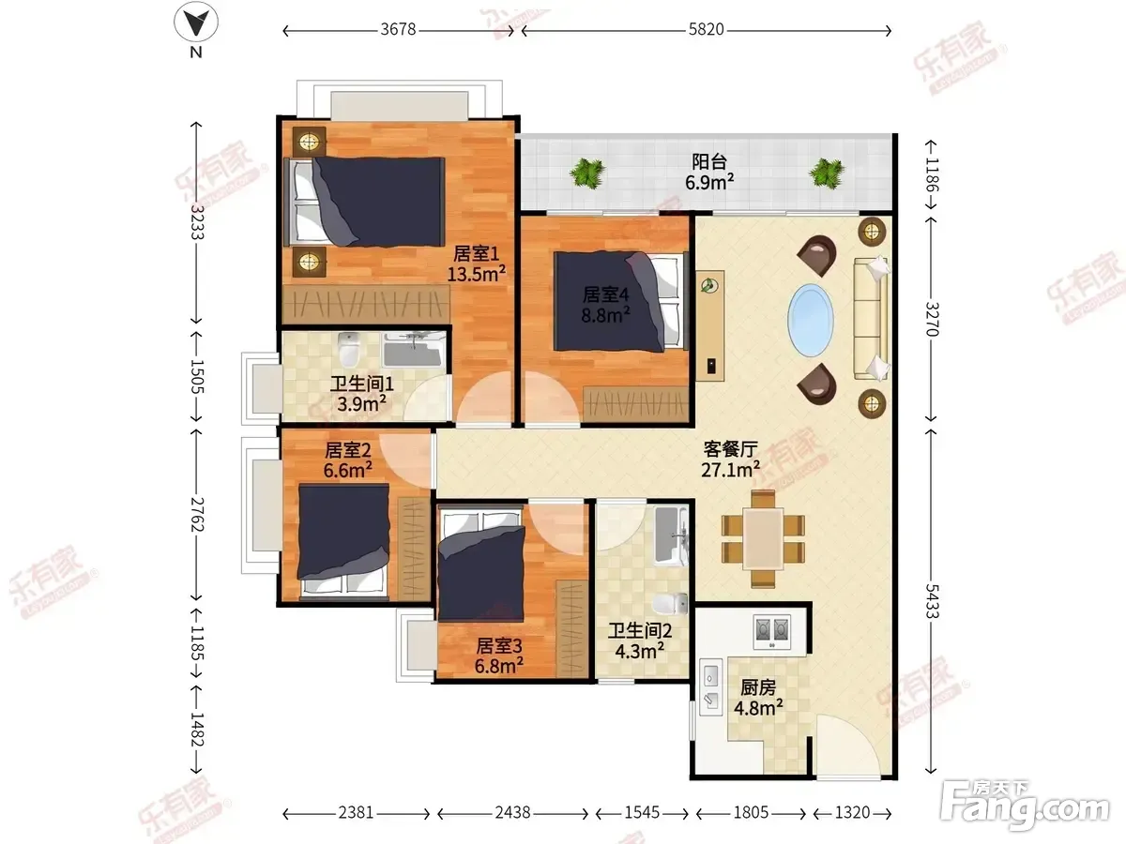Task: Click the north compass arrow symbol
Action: (x=196, y=23)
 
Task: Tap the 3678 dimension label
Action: (x=398, y=30)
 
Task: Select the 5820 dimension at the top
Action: (x=706, y=30)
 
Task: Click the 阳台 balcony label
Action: (x=709, y=162)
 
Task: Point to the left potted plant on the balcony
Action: (x=587, y=173)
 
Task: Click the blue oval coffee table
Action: (x=810, y=321)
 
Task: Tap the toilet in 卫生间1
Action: (x=349, y=350)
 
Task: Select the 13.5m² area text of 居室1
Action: (x=476, y=274)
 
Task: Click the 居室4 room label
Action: (x=606, y=294)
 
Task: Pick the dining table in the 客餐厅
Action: (x=763, y=538)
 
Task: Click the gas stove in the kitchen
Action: (x=772, y=632)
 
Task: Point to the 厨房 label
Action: (x=758, y=687)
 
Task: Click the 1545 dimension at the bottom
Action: (x=642, y=813)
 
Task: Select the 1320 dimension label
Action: (x=852, y=813)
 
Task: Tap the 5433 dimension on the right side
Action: (x=932, y=600)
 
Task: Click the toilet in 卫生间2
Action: (x=671, y=604)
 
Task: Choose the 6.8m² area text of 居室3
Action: (x=498, y=666)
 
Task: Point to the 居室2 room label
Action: (x=347, y=450)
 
